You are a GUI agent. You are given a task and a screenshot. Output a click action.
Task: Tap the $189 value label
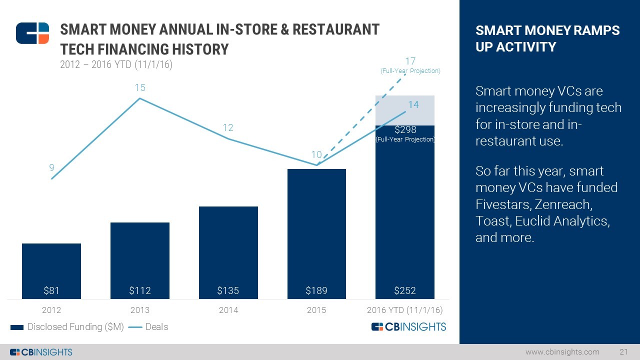[x=316, y=290]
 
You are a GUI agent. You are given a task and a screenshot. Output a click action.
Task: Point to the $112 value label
[x=140, y=290]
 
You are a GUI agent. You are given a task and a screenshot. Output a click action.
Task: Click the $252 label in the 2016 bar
[x=405, y=290]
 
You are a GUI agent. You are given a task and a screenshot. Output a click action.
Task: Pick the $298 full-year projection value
[x=405, y=130]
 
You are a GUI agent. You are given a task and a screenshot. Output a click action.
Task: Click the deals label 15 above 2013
[x=140, y=88]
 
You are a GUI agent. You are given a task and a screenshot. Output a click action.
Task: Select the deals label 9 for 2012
[x=51, y=168]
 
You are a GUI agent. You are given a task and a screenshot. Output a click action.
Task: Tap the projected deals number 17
[x=410, y=61]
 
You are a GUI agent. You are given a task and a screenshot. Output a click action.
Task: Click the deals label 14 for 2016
[x=413, y=105]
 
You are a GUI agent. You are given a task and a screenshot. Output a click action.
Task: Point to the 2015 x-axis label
[x=316, y=310]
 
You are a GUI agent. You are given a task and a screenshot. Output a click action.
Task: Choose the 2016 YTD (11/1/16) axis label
[x=405, y=310]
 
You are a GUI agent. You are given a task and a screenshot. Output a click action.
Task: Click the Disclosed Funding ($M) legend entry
[x=67, y=327]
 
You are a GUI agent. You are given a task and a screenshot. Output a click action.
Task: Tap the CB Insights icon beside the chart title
[x=32, y=33]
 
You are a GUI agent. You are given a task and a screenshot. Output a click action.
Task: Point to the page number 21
[x=623, y=352]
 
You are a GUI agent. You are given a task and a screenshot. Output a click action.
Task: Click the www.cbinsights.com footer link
[x=562, y=352]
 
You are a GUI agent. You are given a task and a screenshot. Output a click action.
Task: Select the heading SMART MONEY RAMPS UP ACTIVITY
[x=547, y=38]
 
